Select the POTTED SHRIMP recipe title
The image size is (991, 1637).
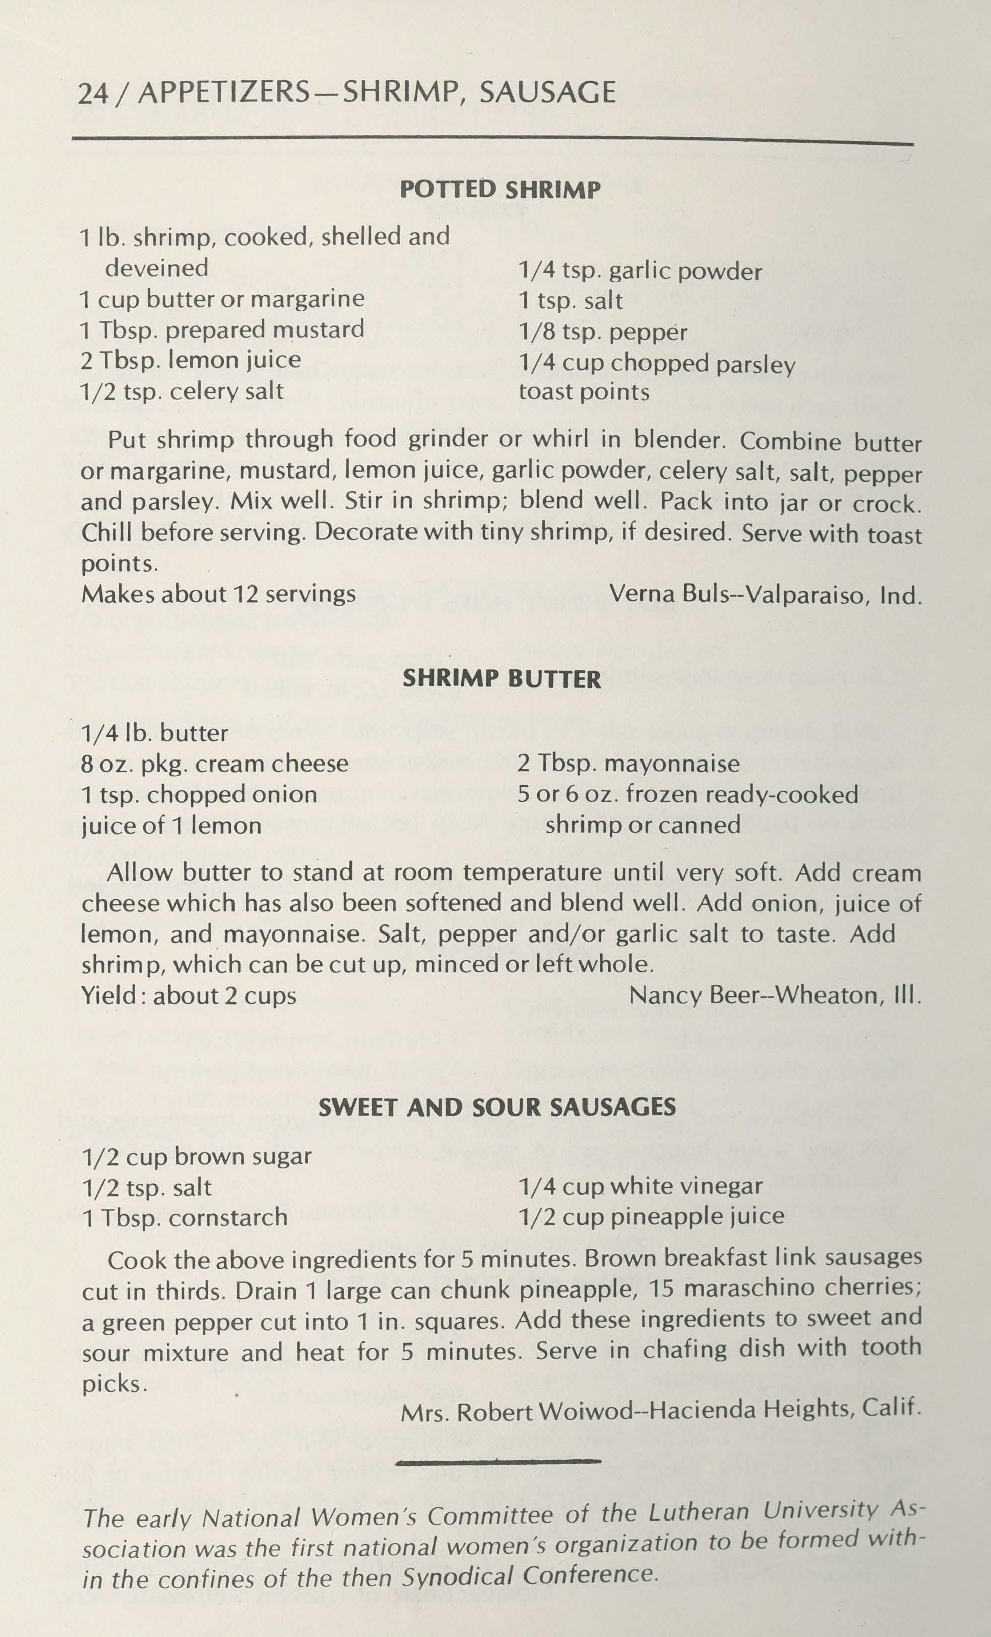pyautogui.click(x=500, y=190)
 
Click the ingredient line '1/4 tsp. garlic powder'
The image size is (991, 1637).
pyautogui.click(x=639, y=271)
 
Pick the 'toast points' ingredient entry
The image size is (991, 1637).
pyautogui.click(x=584, y=392)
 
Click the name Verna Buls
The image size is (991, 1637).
pyautogui.click(x=670, y=594)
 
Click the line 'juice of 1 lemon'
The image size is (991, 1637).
pyautogui.click(x=171, y=826)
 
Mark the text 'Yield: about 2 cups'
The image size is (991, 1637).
pyautogui.click(x=189, y=995)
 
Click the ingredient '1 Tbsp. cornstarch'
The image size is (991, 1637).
pyautogui.click(x=185, y=1217)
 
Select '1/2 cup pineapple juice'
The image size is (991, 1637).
pyautogui.click(x=651, y=1216)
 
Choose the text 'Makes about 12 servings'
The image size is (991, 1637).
pyautogui.click(x=218, y=594)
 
